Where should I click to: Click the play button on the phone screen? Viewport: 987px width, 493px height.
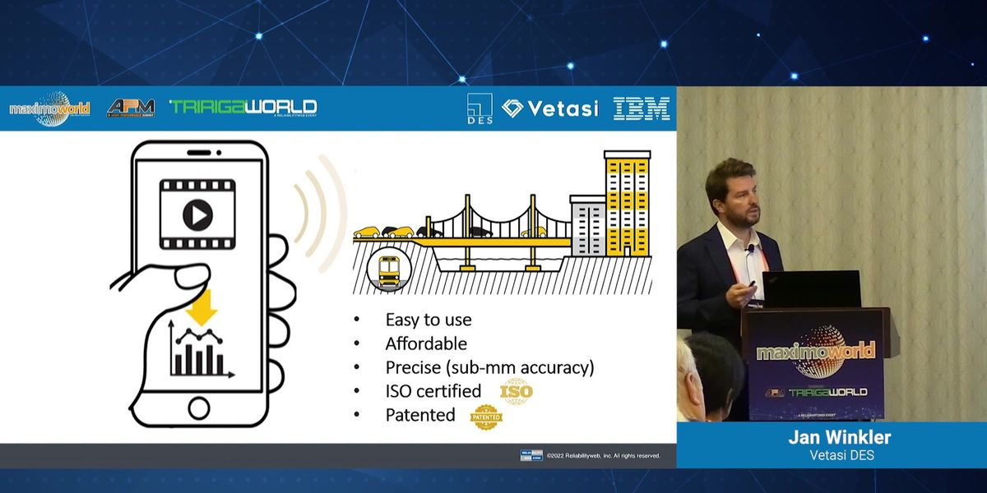197,216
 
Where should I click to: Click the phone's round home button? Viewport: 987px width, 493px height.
199,407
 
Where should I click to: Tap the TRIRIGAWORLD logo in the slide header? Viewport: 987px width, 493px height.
243,108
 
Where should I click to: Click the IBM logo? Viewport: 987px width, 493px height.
642,108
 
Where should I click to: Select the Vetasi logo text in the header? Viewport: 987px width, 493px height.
549,108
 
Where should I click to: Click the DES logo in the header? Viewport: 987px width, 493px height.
479,108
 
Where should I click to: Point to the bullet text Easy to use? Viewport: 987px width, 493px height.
429,320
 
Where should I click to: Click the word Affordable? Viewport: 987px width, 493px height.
426,343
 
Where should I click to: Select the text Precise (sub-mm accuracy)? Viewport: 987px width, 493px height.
489,367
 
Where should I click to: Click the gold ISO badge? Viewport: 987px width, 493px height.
517,391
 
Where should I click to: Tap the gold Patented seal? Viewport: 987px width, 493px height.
485,417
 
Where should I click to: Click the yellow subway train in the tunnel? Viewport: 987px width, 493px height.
389,269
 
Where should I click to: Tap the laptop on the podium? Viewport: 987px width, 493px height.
810,289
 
